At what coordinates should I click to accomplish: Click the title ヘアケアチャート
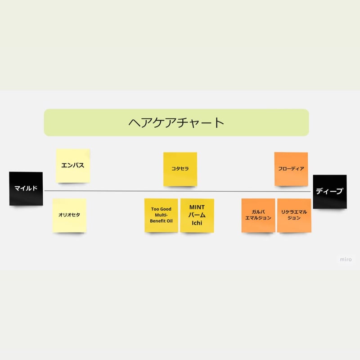(x=176, y=122)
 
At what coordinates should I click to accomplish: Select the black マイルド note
(x=26, y=189)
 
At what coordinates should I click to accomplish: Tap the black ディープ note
(x=330, y=191)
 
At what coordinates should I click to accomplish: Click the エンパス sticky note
(x=73, y=166)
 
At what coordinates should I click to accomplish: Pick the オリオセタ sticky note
(x=69, y=215)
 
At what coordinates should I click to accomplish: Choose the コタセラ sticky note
(x=180, y=169)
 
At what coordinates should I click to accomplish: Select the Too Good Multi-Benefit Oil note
(x=161, y=215)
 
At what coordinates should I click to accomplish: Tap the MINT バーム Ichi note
(x=197, y=215)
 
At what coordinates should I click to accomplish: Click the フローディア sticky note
(x=291, y=169)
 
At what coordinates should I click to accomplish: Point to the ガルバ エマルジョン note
(x=258, y=215)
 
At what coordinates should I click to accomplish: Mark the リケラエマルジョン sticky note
(x=294, y=215)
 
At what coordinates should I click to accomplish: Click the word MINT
(x=197, y=207)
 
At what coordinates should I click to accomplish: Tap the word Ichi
(x=197, y=223)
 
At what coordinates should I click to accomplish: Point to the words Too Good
(x=161, y=209)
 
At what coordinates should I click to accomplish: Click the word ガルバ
(x=258, y=211)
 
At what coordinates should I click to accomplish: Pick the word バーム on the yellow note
(x=197, y=215)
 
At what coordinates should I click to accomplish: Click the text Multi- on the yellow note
(x=161, y=215)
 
